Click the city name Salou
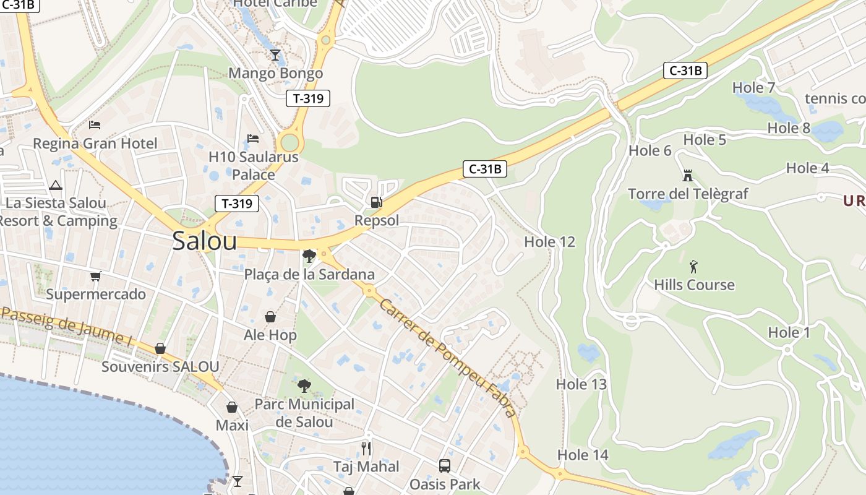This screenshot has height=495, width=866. (204, 241)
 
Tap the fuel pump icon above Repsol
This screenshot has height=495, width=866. (375, 202)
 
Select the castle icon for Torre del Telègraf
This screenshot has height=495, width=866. (687, 176)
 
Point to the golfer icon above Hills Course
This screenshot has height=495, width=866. (693, 267)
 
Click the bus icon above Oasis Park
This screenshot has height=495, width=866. (444, 465)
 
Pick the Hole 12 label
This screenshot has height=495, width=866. (550, 242)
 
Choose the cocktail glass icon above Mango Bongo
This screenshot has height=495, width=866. (275, 55)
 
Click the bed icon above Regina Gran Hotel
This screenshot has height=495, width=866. (95, 125)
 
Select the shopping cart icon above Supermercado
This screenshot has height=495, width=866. (95, 276)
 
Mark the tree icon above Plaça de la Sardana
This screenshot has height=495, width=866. (309, 256)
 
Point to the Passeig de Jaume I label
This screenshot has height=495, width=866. (67, 327)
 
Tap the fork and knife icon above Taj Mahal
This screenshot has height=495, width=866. (366, 448)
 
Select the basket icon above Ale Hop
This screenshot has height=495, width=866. (270, 317)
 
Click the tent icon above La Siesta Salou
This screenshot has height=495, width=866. (56, 185)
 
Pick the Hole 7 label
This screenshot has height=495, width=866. (753, 88)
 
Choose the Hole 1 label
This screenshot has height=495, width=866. (789, 333)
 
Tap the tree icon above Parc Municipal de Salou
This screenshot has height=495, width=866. (304, 386)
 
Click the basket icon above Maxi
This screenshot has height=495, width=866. (232, 407)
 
